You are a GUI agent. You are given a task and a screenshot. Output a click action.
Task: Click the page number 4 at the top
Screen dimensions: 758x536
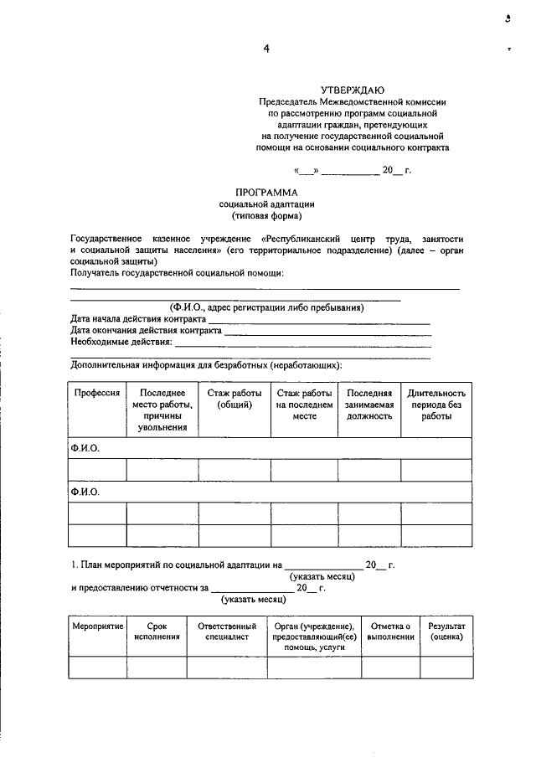pyautogui.click(x=266, y=49)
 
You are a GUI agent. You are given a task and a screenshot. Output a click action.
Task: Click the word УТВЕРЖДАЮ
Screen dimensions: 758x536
pyautogui.click(x=353, y=90)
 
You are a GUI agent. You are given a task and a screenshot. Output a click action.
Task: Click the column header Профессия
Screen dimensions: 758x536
pyautogui.click(x=97, y=393)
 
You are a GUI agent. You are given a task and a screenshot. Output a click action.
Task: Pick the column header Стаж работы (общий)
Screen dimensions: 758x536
pyautogui.click(x=234, y=399)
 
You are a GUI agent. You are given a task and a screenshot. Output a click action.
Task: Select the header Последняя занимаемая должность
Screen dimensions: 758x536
pyautogui.click(x=369, y=405)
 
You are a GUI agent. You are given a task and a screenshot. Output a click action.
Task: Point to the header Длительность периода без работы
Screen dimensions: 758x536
pyautogui.click(x=435, y=405)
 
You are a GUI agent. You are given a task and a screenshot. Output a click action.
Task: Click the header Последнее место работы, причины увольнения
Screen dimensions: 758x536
pyautogui.click(x=162, y=410)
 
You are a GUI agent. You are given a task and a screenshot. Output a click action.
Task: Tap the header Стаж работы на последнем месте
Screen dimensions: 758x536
pyautogui.click(x=303, y=405)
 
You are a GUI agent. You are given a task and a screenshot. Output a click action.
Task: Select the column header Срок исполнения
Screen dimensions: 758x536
pyautogui.click(x=157, y=632)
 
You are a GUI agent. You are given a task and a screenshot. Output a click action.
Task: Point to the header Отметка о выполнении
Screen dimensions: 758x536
pyautogui.click(x=390, y=632)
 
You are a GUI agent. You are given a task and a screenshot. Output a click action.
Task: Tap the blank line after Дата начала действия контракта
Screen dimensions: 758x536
pyautogui.click(x=318, y=321)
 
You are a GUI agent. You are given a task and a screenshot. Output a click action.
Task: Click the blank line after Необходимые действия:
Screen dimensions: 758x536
pyautogui.click(x=303, y=343)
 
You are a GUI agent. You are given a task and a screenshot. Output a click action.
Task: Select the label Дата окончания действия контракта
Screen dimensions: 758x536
pyautogui.click(x=146, y=331)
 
